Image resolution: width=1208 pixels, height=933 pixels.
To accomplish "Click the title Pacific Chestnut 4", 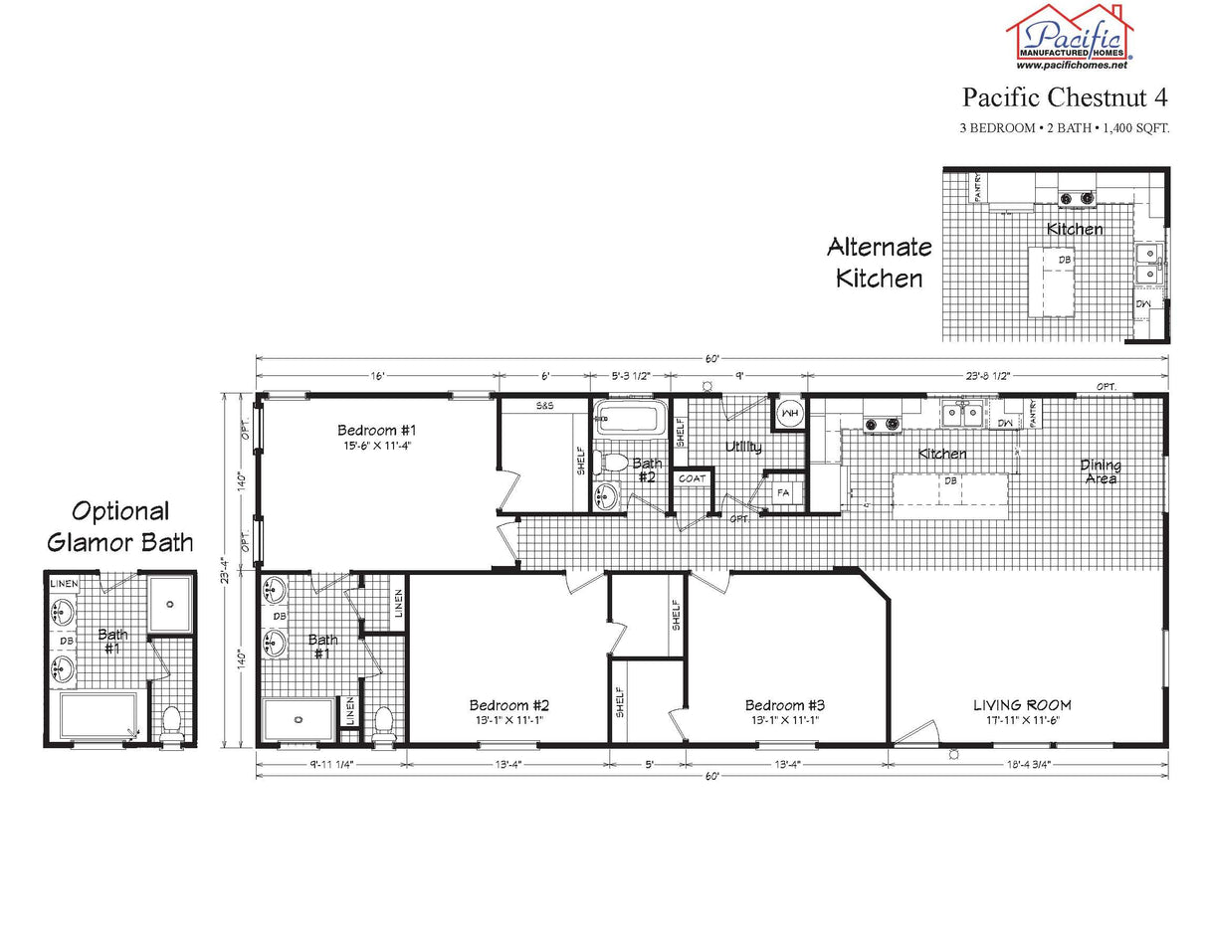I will [1064, 97].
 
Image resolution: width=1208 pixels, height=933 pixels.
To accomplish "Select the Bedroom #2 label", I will [508, 705].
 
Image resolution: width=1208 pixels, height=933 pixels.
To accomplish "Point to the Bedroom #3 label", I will [784, 705].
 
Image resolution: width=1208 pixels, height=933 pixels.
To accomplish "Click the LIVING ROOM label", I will [1022, 705].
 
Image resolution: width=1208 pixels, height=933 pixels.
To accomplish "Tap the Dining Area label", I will [1101, 471].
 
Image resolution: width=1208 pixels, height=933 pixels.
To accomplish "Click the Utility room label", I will [743, 447].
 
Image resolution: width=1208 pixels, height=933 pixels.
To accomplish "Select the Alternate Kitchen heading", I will [880, 262].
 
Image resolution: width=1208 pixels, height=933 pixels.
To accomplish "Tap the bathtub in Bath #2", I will [630, 419].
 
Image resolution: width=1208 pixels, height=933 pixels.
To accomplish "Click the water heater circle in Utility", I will [789, 412].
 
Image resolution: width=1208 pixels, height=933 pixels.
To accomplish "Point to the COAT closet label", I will [692, 478].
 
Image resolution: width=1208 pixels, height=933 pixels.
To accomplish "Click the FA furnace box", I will [782, 491].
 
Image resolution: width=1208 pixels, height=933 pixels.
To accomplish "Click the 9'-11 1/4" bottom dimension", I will [331, 764].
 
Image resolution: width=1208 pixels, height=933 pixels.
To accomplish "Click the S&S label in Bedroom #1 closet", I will [545, 406].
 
